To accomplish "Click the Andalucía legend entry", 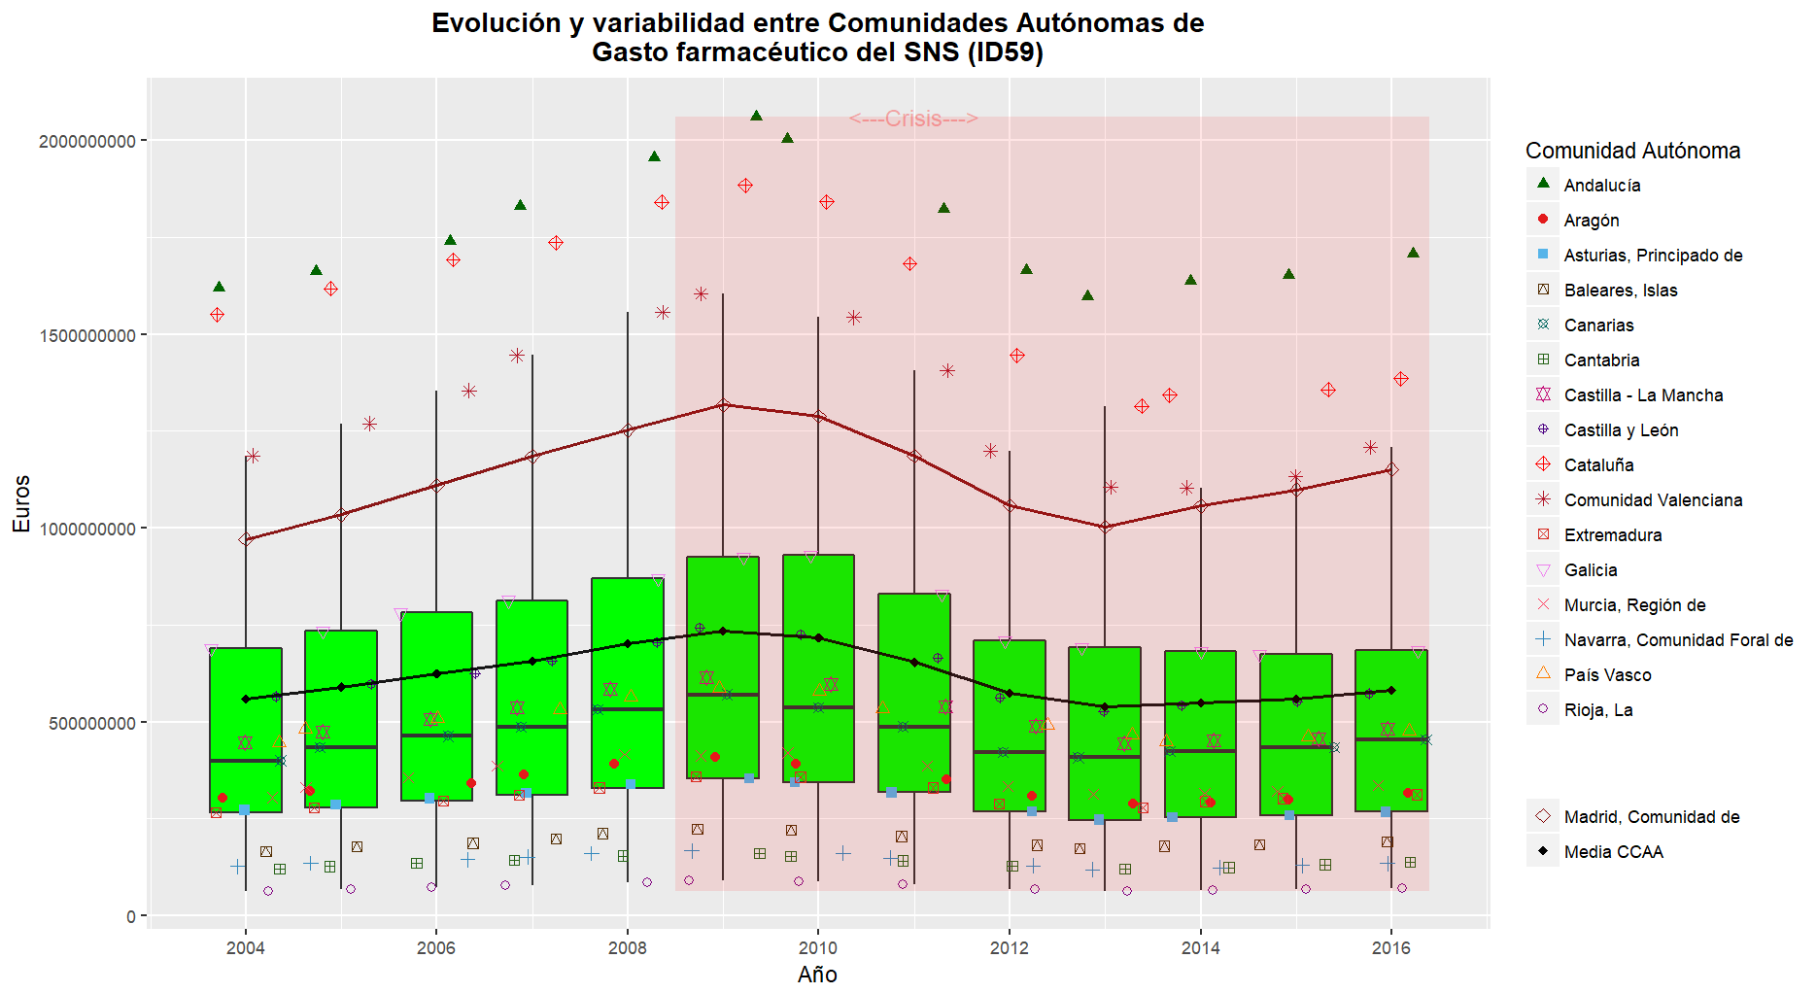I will [x=1601, y=186].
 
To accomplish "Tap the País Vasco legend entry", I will [x=1607, y=675].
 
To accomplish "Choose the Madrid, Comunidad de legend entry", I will [x=1651, y=817].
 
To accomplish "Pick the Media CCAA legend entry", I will [x=1613, y=852].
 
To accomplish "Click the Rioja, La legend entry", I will [x=1597, y=710].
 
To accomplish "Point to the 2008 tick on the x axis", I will [x=627, y=948].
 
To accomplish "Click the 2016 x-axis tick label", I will [x=1390, y=948].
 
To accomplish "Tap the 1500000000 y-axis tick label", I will [x=86, y=335].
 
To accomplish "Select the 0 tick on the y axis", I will [x=130, y=916].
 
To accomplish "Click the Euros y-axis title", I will [x=21, y=503].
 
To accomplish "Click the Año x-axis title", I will [x=817, y=975].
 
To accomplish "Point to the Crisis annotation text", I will [x=913, y=119].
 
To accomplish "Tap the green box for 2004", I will [x=246, y=730].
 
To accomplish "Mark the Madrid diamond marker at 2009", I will [x=722, y=405].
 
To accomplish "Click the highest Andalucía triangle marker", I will [x=756, y=116].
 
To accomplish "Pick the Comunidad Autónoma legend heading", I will [x=1632, y=151].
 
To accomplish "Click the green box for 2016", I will [x=1390, y=730].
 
